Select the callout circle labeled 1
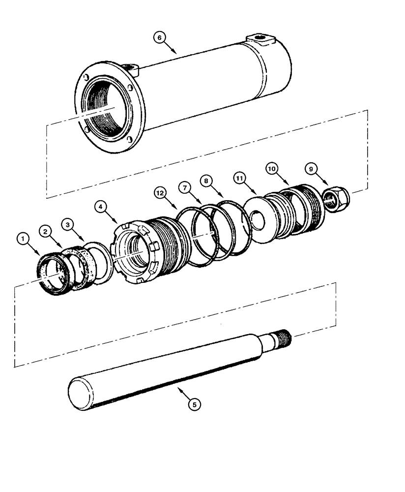[22, 239]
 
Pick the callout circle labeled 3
[67, 223]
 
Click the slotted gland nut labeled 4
[135, 253]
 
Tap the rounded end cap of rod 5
[79, 393]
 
